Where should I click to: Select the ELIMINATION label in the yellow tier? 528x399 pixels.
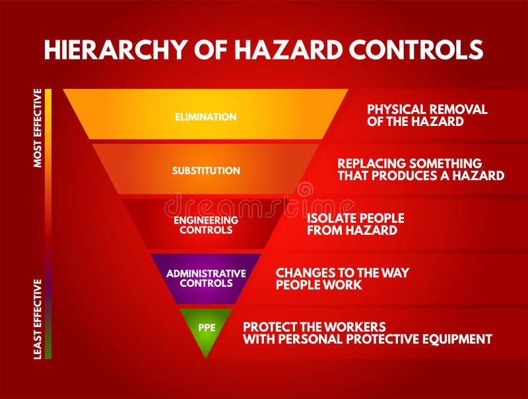tap(205, 117)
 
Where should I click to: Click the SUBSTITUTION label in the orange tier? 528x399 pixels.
tap(206, 170)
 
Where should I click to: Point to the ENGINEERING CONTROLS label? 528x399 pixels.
tap(206, 225)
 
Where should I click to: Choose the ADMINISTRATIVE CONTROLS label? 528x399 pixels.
tap(206, 278)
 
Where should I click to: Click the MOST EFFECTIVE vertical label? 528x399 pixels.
tap(38, 128)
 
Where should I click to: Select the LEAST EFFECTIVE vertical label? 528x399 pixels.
tap(38, 319)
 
